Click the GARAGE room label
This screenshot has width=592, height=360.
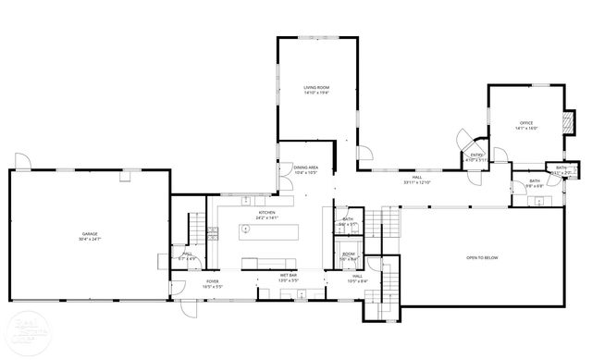[x=90, y=235]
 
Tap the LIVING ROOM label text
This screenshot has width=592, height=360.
[x=317, y=88]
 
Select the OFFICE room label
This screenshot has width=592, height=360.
[x=526, y=123]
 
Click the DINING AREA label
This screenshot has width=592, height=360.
[x=306, y=168]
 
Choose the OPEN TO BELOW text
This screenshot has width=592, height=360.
[x=482, y=257]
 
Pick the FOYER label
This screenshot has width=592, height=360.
[x=213, y=280]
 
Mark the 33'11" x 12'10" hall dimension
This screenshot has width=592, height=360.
[x=418, y=183]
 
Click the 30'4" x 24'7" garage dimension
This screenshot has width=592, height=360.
[x=90, y=240]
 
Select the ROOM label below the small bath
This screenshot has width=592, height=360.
[x=349, y=254]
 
